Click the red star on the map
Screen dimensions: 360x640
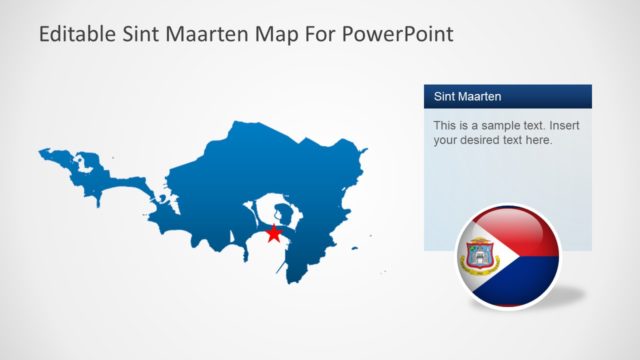(274, 233)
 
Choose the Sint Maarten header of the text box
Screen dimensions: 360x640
(468, 97)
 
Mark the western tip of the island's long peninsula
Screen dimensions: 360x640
(41, 153)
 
